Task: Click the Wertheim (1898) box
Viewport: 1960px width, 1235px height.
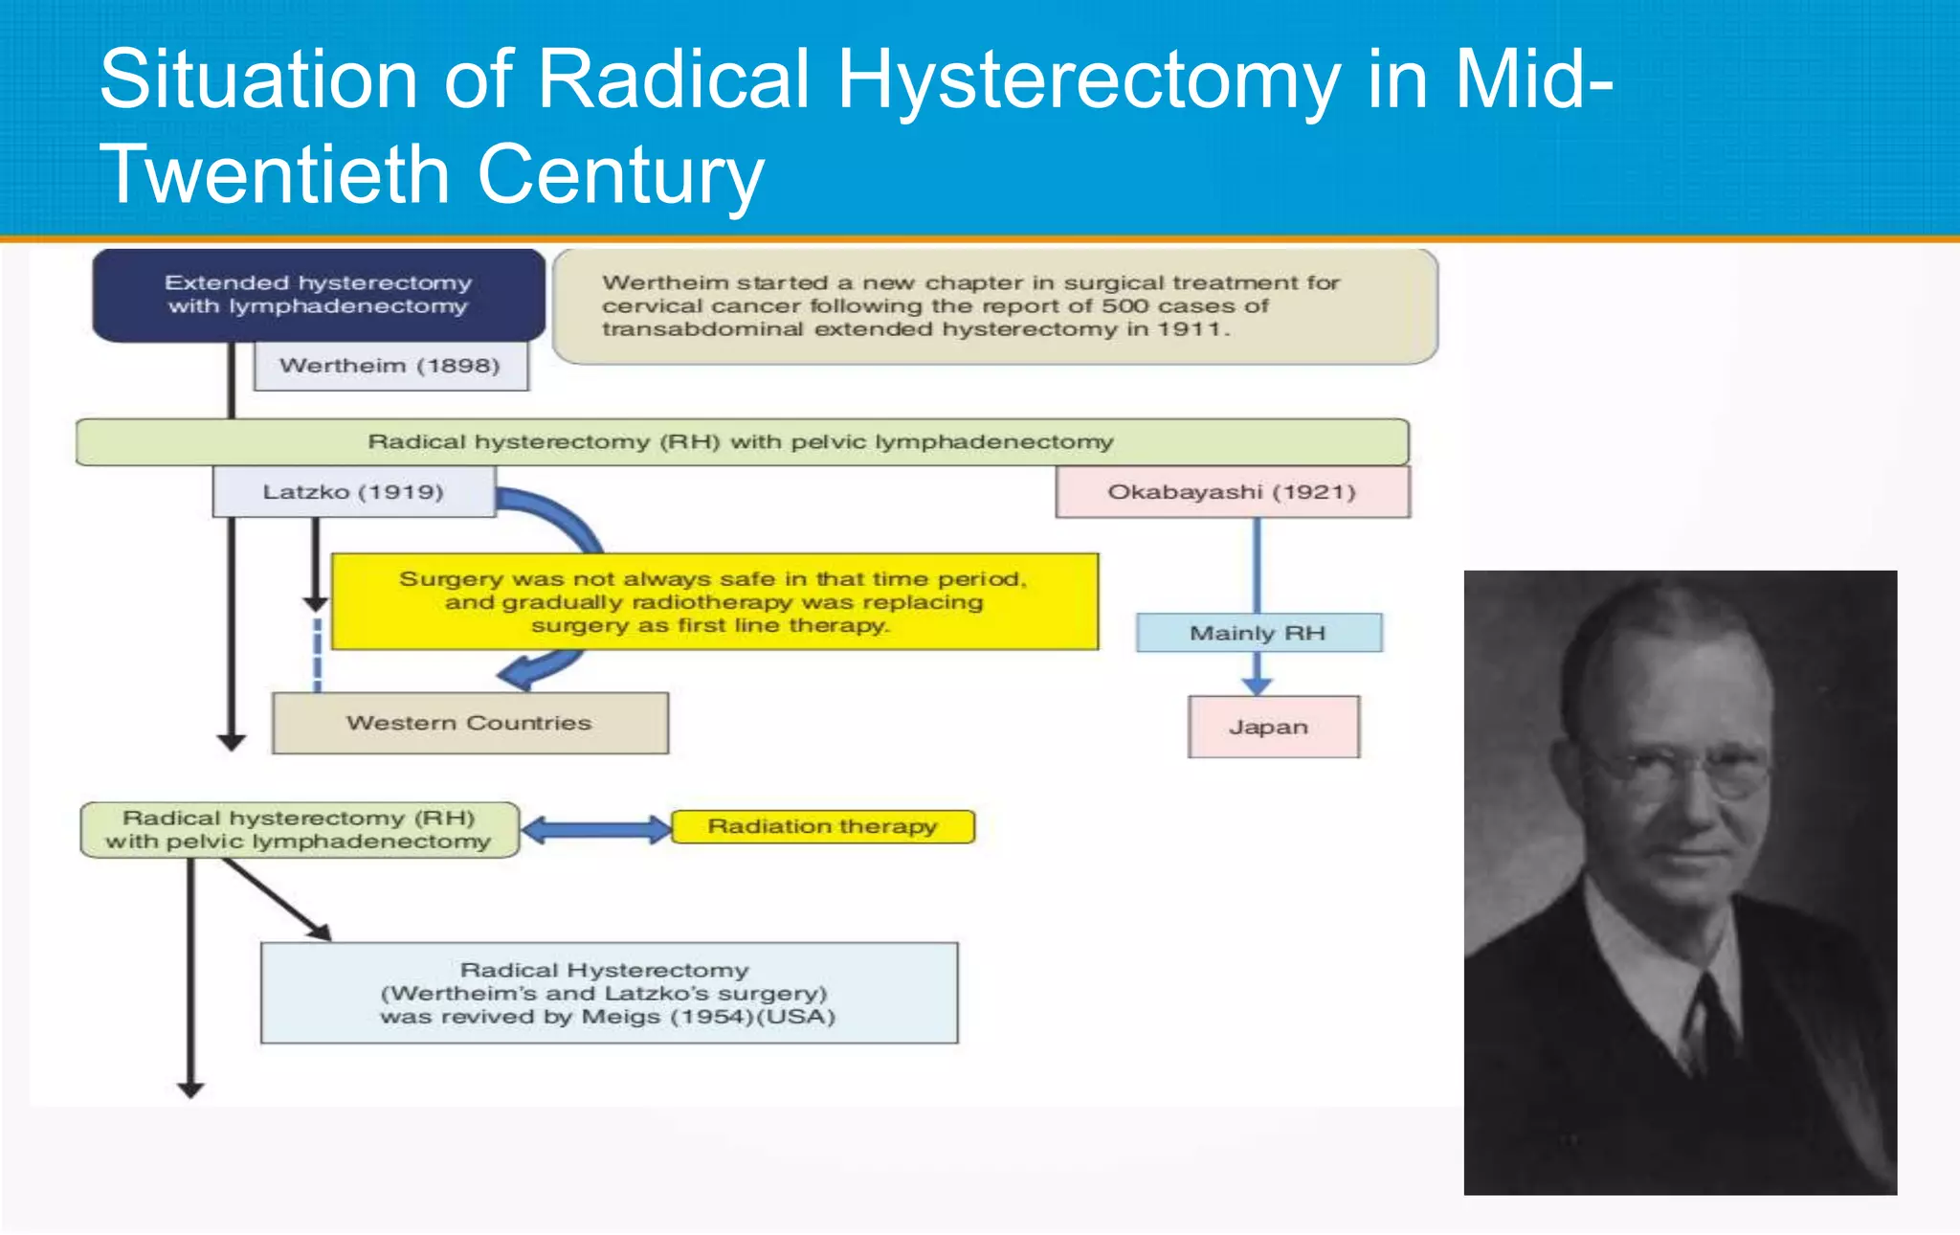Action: pyautogui.click(x=390, y=366)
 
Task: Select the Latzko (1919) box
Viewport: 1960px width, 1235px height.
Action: pyautogui.click(x=353, y=492)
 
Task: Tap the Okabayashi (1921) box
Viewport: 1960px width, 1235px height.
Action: pyautogui.click(x=1232, y=492)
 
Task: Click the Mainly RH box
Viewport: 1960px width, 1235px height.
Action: pyautogui.click(x=1258, y=633)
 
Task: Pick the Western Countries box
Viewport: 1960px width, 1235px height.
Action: pyautogui.click(x=469, y=723)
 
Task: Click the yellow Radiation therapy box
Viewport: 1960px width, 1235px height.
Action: pyautogui.click(x=822, y=826)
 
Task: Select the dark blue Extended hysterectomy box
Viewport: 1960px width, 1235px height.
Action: pyautogui.click(x=318, y=295)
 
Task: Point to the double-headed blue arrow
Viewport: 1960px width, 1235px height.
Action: pyautogui.click(x=596, y=829)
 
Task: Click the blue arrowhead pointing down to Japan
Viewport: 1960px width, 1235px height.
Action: pyautogui.click(x=1257, y=685)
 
